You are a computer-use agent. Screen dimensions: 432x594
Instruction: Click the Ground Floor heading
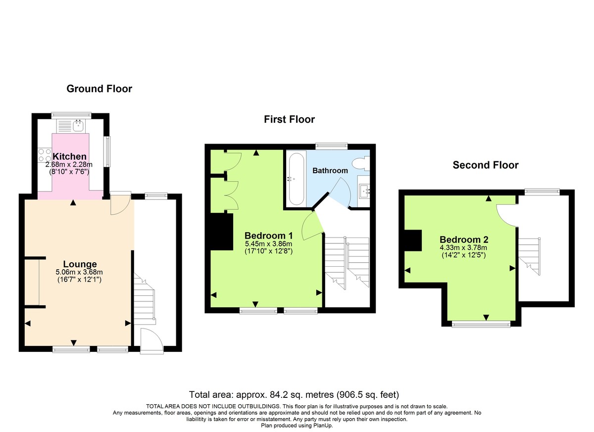(99, 89)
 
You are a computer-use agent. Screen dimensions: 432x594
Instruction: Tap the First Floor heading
(289, 119)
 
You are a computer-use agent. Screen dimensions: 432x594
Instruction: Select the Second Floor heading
(486, 165)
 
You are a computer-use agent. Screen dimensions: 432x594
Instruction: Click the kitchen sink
(78, 126)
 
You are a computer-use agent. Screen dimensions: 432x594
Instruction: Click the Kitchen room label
(70, 156)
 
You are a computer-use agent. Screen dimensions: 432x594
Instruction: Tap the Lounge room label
(80, 264)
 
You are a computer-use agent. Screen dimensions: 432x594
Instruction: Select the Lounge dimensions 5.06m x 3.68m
(80, 272)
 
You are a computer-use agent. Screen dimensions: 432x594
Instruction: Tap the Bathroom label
(330, 171)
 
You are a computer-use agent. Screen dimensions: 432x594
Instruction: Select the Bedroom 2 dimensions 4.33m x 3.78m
(463, 248)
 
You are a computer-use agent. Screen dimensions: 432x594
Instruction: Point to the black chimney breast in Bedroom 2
(412, 241)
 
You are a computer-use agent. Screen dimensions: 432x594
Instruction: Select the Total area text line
(294, 395)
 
